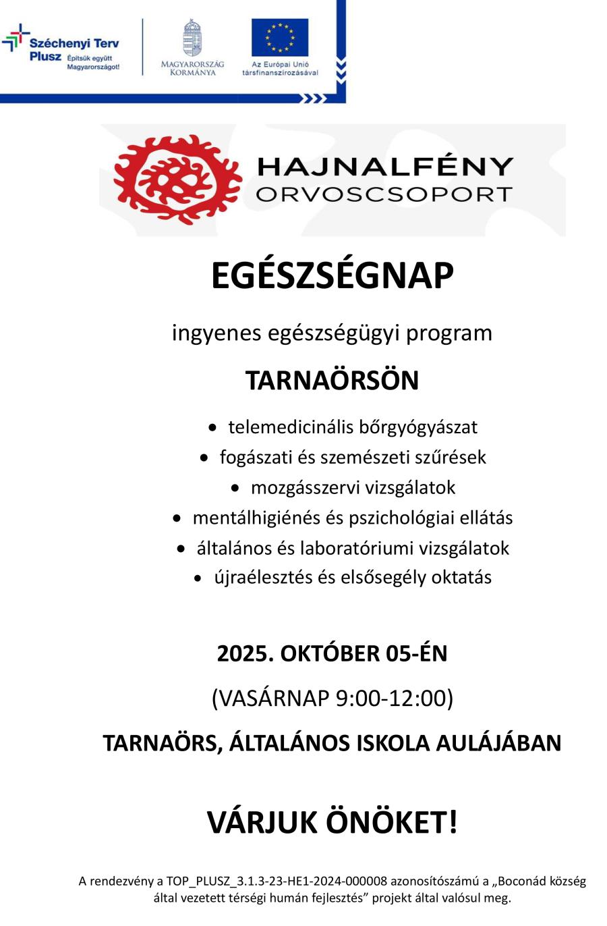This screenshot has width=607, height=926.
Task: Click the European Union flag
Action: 280,38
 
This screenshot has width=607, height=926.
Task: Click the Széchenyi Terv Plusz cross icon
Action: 16,39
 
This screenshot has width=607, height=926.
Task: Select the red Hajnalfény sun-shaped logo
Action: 177,178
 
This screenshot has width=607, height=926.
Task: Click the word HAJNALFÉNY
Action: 385,167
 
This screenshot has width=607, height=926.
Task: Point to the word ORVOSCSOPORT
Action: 384,195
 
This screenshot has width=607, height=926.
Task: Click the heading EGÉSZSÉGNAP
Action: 332,276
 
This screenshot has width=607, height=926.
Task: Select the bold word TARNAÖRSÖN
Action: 332,381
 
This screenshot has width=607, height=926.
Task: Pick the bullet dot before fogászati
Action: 205,458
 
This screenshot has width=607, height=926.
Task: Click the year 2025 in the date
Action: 244,653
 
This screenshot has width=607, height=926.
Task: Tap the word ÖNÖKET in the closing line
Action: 392,823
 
